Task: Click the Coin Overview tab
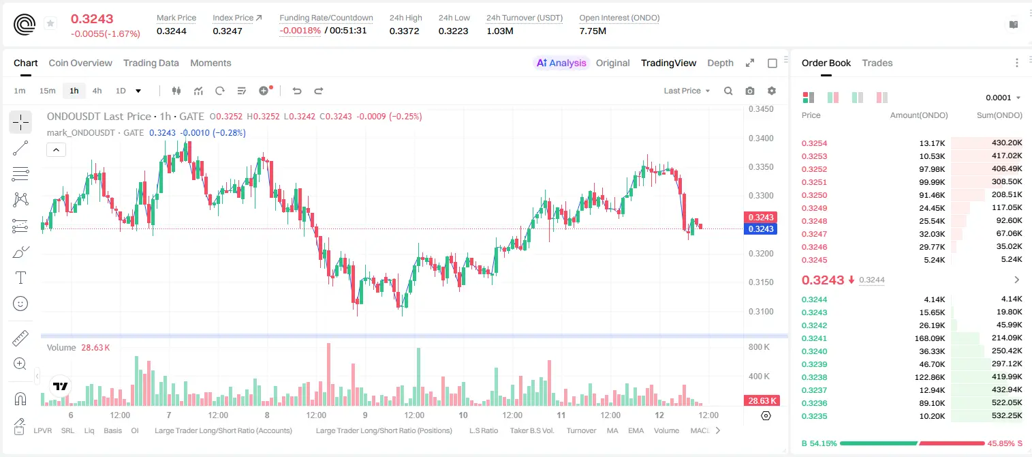coord(80,63)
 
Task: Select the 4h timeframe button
coord(97,91)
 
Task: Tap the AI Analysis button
coord(561,63)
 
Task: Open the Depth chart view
coord(720,63)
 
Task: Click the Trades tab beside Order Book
coord(877,63)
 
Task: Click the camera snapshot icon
coord(750,91)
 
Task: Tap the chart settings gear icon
coord(772,91)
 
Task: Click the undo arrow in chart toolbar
coord(297,91)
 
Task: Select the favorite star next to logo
coord(50,23)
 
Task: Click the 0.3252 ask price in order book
coord(814,169)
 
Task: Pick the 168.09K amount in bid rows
coord(929,338)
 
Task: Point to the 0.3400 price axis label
coord(761,138)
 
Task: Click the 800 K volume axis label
coord(760,347)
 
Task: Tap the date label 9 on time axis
coord(365,415)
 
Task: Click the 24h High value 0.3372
coord(404,31)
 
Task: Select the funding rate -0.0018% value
coord(300,31)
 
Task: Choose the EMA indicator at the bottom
coord(636,430)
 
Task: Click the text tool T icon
coord(20,278)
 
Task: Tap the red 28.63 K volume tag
coord(761,400)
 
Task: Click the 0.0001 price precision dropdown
coord(1003,98)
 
